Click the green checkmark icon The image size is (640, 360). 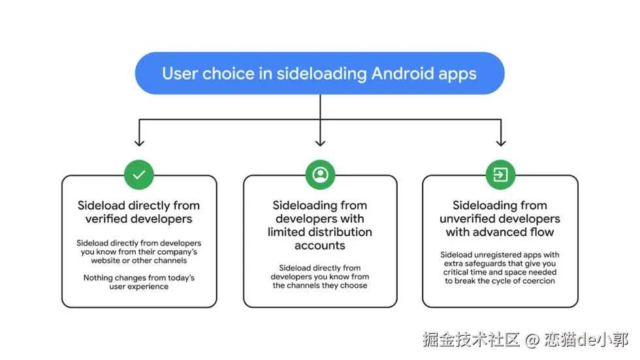coord(139,174)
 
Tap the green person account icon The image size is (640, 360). coord(320,174)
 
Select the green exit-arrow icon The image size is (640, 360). coord(500,174)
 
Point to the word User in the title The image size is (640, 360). coord(179,73)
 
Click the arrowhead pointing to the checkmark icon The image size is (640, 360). coord(139,141)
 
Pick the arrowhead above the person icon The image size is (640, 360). coord(320,141)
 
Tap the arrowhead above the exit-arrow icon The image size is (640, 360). coord(500,141)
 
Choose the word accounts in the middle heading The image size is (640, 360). coord(320,246)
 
